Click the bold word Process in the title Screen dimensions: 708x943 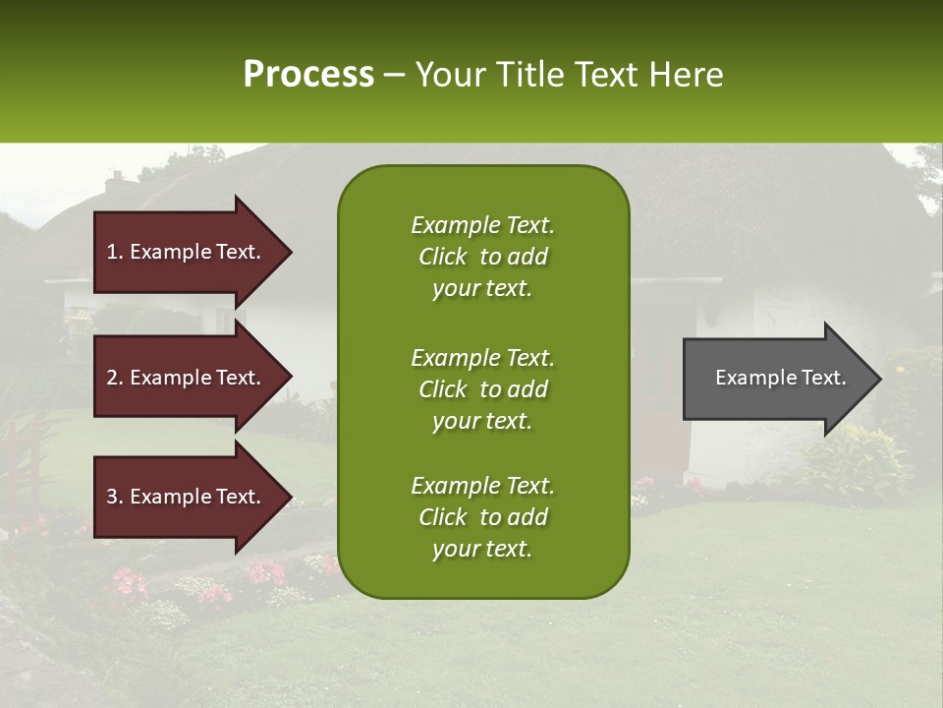pos(308,75)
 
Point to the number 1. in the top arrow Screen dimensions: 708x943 pos(115,252)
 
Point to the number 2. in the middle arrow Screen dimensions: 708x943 pos(115,378)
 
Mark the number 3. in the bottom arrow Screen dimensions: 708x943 pos(115,497)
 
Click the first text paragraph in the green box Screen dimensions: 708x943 pos(482,257)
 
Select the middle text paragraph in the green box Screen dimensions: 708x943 pos(482,388)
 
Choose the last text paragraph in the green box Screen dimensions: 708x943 pos(482,517)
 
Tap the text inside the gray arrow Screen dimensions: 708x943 pos(781,378)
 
